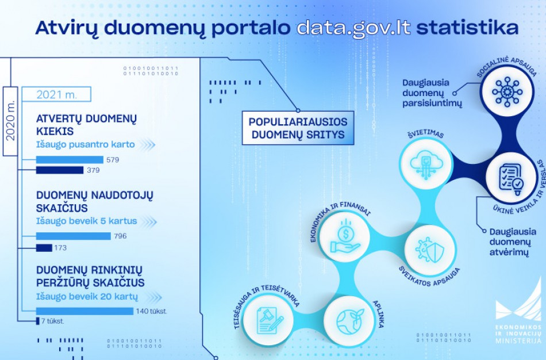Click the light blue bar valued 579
tap(70, 160)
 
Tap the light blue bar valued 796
tap(73, 236)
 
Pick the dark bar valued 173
tap(44, 248)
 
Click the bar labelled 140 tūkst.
tap(85, 311)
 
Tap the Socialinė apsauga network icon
tap(507, 91)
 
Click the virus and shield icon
tap(429, 250)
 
